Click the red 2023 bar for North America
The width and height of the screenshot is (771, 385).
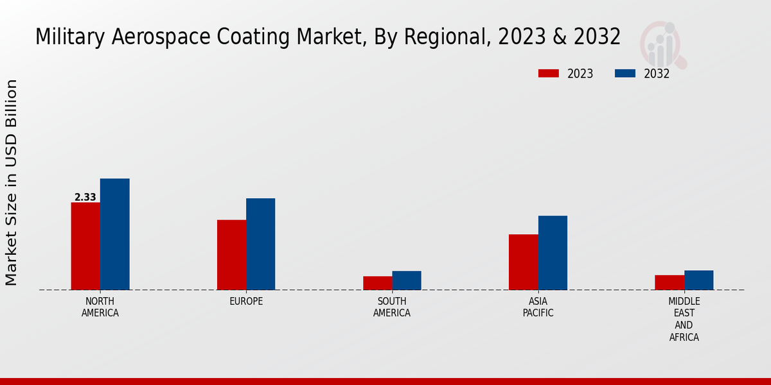(x=85, y=246)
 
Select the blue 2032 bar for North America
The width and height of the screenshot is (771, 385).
(x=114, y=234)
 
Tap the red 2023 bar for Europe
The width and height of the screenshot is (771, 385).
(x=231, y=255)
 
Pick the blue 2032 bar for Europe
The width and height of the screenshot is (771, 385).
(x=260, y=244)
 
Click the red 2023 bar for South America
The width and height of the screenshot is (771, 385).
(x=377, y=283)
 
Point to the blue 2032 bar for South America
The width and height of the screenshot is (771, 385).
(x=407, y=280)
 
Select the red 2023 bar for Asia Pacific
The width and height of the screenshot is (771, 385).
(x=523, y=262)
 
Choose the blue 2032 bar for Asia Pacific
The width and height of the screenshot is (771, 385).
(x=553, y=253)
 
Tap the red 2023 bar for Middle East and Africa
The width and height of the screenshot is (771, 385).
(x=669, y=282)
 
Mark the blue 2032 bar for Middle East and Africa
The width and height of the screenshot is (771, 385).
(x=698, y=280)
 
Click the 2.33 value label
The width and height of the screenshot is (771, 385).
(x=85, y=198)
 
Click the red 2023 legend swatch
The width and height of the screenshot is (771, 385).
(x=548, y=74)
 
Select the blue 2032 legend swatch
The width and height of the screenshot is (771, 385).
(x=625, y=74)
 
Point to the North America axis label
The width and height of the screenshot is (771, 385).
(x=100, y=307)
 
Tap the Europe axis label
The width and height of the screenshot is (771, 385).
(x=246, y=302)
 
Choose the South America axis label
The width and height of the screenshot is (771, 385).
(x=392, y=307)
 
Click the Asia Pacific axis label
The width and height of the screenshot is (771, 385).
(x=538, y=307)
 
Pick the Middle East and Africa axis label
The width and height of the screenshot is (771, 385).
(x=684, y=319)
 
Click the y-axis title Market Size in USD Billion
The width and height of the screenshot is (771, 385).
(x=12, y=183)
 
